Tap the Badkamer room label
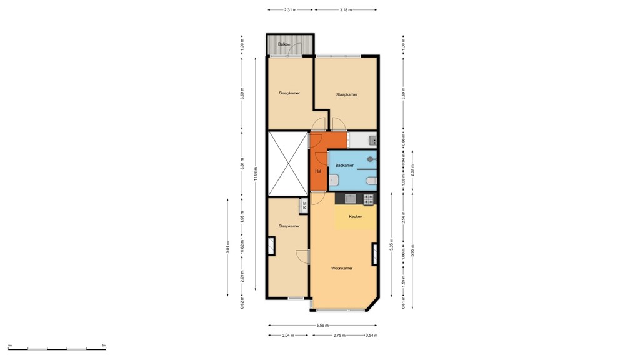[x=344, y=165]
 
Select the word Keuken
[x=355, y=217]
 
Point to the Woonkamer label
[x=342, y=268]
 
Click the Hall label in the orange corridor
[x=318, y=171]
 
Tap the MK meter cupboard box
[x=304, y=205]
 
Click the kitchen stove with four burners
[x=369, y=199]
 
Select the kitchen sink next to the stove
[x=351, y=199]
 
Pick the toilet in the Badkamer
[x=372, y=181]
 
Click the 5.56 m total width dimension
[x=322, y=325]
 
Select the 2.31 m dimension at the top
[x=290, y=10]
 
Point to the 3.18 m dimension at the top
[x=346, y=10]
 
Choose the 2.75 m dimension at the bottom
[x=338, y=336]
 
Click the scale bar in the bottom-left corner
[x=56, y=348]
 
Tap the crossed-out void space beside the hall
[x=287, y=163]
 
